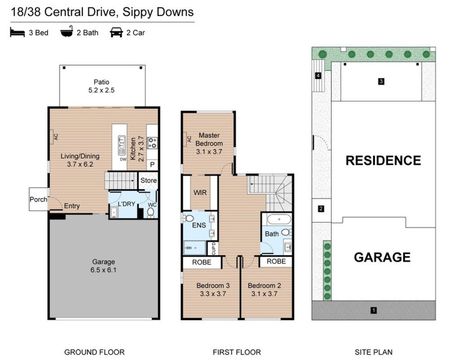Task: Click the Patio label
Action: (x=98, y=82)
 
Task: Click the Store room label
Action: (x=148, y=181)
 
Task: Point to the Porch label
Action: (x=37, y=196)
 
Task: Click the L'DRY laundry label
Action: (x=126, y=204)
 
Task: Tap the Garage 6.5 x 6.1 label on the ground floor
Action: (x=97, y=266)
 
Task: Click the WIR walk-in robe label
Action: (x=199, y=192)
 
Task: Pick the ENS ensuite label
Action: (x=199, y=226)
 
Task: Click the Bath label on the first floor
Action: (x=271, y=235)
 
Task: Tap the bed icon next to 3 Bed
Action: (x=15, y=33)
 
